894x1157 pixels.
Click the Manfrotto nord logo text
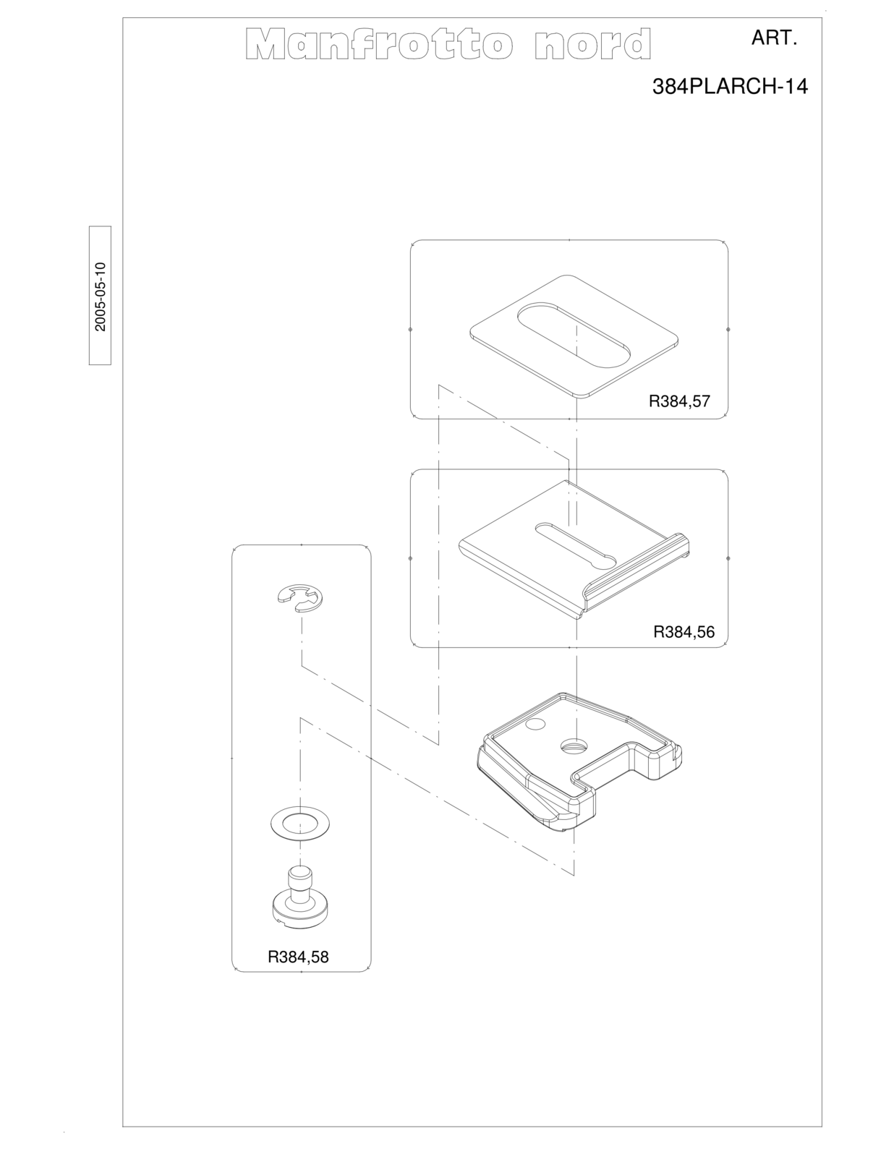[448, 43]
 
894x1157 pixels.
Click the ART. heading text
[774, 38]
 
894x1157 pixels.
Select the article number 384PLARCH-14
[730, 86]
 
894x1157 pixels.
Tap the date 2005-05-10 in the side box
[100, 296]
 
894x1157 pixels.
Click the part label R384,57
[679, 401]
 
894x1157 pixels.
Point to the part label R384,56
[684, 632]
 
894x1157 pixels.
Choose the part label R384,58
[298, 957]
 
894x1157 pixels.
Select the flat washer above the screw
[300, 825]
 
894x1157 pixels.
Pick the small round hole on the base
[536, 724]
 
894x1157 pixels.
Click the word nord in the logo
[592, 43]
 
